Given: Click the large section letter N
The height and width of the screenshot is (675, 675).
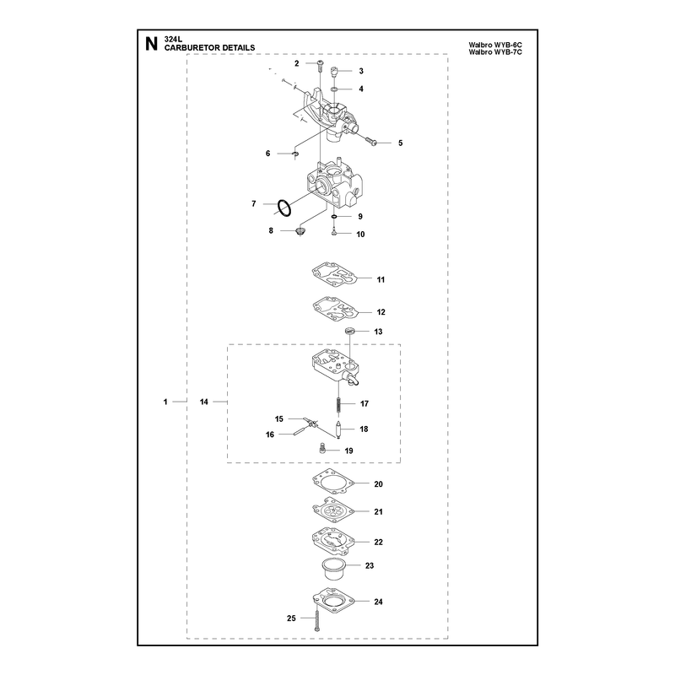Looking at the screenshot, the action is click(151, 44).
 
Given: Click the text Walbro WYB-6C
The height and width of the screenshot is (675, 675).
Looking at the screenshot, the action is click(495, 45).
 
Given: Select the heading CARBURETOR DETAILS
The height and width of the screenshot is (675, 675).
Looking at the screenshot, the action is click(209, 48).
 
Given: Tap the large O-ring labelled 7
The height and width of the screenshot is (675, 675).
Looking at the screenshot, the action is click(283, 208).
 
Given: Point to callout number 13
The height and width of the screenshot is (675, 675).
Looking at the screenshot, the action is click(378, 332).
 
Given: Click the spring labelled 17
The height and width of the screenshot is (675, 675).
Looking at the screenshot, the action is click(339, 406).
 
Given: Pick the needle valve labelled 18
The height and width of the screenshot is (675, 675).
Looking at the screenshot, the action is click(338, 430).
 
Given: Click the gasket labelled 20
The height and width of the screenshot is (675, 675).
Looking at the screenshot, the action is click(333, 483).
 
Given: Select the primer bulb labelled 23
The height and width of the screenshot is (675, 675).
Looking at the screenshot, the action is click(333, 570).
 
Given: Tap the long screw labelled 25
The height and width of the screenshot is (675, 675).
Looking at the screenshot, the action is click(316, 617).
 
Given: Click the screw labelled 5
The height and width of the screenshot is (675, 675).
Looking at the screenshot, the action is click(371, 141).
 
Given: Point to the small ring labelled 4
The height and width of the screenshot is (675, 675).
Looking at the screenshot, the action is click(334, 89).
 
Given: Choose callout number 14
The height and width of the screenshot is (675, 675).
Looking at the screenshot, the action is click(203, 402).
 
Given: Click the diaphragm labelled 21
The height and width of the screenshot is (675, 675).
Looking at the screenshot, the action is click(333, 512).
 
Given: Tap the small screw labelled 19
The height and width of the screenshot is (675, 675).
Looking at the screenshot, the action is click(321, 449).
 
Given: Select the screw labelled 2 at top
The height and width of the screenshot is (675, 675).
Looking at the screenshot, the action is click(321, 66).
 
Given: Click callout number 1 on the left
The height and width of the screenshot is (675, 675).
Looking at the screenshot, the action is click(165, 402).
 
